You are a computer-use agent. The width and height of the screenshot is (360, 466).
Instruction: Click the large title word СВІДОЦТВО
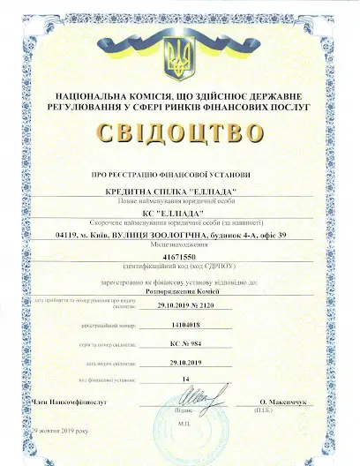coord(184,133)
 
